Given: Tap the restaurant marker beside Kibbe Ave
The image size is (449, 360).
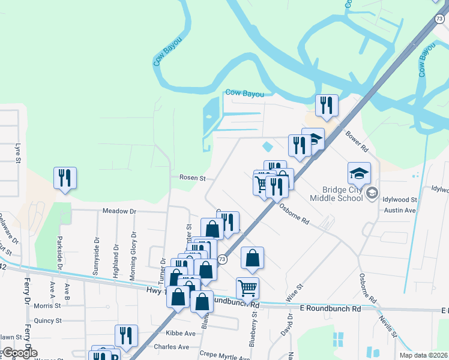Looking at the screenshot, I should tap(126, 336).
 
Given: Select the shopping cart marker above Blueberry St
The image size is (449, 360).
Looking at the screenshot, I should tap(247, 289).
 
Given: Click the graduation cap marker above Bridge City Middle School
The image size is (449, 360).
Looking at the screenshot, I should tap(359, 173).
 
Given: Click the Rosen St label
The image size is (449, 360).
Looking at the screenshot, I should tap(193, 178).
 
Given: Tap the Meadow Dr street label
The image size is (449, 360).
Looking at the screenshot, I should tap(119, 211).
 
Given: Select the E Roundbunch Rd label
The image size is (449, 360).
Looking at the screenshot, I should tap(330, 308).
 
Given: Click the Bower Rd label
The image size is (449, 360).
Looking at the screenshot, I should tap(356, 139).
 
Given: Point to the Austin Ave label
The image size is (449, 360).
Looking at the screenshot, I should tap(400, 211).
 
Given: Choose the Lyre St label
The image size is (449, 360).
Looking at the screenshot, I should tap(18, 152).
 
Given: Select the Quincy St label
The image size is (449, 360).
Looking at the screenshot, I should tap(48, 320).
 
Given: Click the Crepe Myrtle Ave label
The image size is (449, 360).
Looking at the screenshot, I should tap(224, 355).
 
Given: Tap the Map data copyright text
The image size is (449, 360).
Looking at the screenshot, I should tap(427, 355).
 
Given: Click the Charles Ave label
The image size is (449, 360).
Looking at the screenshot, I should tap(171, 347).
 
